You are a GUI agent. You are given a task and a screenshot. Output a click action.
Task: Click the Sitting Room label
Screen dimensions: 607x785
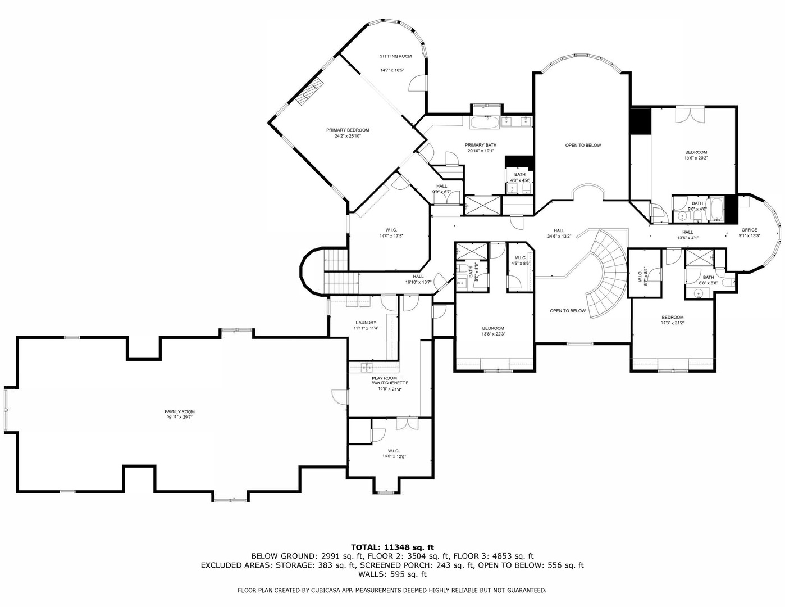click(x=395, y=56)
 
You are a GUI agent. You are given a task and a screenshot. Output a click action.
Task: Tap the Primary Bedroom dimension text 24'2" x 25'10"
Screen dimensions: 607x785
click(x=348, y=136)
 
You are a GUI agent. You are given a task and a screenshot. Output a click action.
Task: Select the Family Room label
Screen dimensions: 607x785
click(x=180, y=411)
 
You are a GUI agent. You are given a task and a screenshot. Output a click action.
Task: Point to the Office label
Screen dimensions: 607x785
click(x=749, y=230)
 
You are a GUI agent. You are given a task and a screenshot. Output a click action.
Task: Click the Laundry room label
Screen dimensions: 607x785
click(x=366, y=322)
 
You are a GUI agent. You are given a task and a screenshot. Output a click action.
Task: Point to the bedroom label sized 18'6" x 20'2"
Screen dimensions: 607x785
click(x=696, y=152)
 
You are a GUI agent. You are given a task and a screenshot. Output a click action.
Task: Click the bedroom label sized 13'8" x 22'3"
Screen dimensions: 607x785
click(x=493, y=328)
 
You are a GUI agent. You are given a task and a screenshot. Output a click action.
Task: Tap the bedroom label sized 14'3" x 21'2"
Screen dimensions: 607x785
click(x=672, y=317)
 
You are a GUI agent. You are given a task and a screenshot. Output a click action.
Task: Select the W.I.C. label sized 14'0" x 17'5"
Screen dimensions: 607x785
click(x=391, y=230)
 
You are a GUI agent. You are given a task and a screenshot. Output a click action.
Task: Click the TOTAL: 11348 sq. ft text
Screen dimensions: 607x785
click(x=392, y=547)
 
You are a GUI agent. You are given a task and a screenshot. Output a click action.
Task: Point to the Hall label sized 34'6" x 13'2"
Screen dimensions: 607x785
click(x=559, y=230)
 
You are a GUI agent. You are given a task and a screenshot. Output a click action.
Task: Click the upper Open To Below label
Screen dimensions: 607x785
click(x=583, y=145)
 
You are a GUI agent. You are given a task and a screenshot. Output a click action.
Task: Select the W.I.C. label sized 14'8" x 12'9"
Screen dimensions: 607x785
click(x=393, y=451)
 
